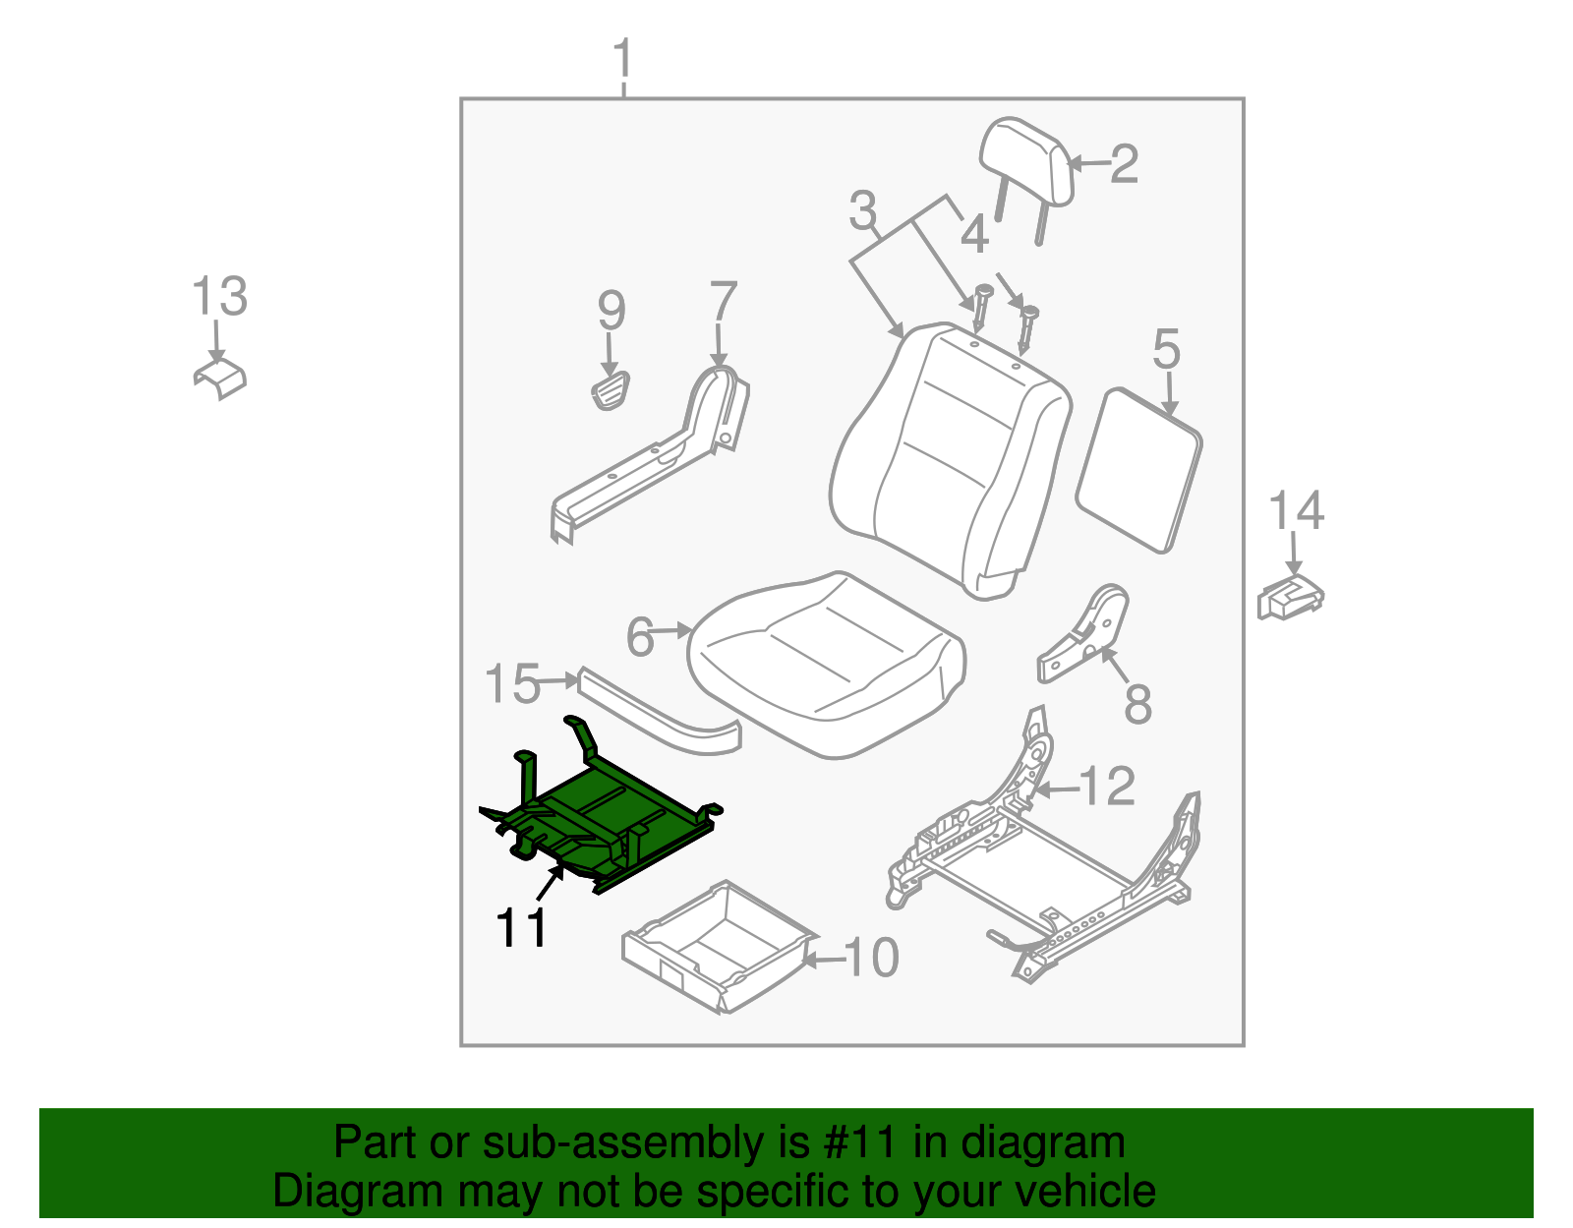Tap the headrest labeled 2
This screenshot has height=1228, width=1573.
[x=1025, y=162]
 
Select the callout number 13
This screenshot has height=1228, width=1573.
[x=219, y=297]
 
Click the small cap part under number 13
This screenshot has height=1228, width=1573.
[x=220, y=379]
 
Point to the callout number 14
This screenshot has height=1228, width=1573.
[x=1296, y=511]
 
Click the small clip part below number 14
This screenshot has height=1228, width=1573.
[x=1290, y=597]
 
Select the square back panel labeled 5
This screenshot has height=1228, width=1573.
[x=1139, y=469]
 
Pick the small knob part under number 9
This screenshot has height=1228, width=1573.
[x=611, y=389]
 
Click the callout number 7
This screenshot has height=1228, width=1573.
[x=723, y=302]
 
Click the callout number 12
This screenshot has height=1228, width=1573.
[x=1107, y=787]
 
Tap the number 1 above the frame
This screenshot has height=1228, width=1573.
[x=623, y=61]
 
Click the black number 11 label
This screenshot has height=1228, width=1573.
[x=521, y=928]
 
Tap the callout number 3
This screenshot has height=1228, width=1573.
[x=862, y=210]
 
